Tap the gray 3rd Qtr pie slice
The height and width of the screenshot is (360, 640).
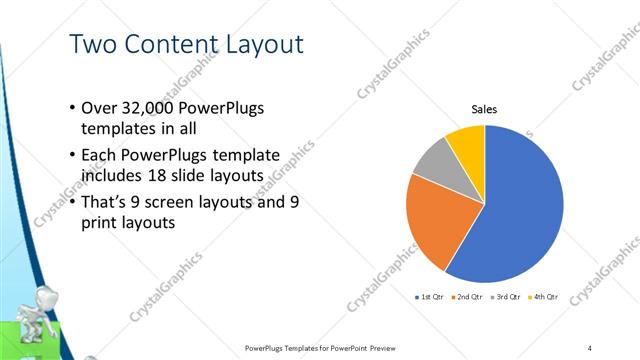[436, 160]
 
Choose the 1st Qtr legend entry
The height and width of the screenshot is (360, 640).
[431, 298]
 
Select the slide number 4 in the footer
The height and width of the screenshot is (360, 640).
[590, 347]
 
